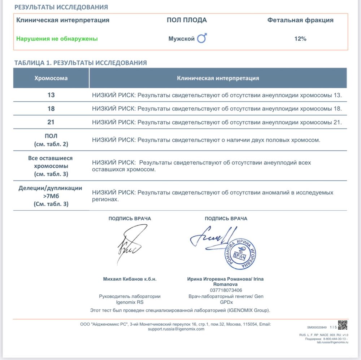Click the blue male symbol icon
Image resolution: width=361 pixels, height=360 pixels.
click(202, 38)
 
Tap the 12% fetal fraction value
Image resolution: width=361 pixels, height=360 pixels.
click(300, 39)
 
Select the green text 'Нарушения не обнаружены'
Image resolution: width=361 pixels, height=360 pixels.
click(57, 39)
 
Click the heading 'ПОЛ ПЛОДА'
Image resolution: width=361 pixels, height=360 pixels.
click(187, 20)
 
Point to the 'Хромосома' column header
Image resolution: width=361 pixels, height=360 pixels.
click(51, 78)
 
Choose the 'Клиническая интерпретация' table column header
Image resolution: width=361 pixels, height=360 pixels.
click(218, 78)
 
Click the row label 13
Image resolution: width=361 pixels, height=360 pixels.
click(51, 95)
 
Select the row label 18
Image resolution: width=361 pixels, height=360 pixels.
click(51, 109)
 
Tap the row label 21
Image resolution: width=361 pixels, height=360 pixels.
click(51, 122)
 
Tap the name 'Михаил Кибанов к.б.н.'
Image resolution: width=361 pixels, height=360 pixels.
click(130, 279)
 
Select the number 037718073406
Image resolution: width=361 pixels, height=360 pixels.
click(226, 290)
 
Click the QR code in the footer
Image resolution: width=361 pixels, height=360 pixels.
click(342, 325)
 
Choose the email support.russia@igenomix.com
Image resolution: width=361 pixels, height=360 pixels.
click(176, 329)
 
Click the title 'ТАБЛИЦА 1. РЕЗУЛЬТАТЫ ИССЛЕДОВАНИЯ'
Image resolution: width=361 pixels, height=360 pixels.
click(81, 63)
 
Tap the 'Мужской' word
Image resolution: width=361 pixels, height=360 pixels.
click(182, 39)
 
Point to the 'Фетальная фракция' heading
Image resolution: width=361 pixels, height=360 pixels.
click(300, 20)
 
